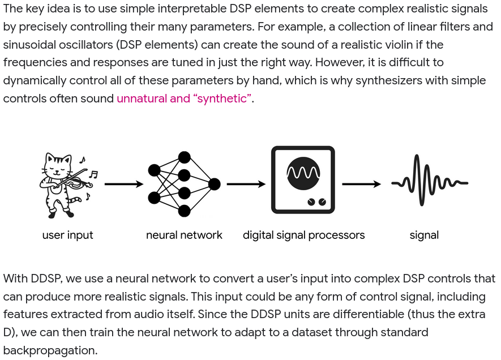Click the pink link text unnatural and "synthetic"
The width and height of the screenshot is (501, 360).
coord(185,98)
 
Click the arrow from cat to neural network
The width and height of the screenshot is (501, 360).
coord(124,184)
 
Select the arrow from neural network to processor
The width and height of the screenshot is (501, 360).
coord(246,184)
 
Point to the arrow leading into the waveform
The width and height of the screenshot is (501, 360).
coord(362,184)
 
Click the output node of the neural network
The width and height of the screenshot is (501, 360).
coord(215,184)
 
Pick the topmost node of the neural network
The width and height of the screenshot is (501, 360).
coord(184,157)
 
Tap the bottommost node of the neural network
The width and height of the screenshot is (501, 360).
coord(184,211)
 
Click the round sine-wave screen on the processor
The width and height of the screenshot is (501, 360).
coord(303,172)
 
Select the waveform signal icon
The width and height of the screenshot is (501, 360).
coord(430,181)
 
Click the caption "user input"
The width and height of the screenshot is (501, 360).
coord(67,235)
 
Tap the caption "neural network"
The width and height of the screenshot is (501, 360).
coord(184,235)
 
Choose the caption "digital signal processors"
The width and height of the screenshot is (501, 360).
coord(303,235)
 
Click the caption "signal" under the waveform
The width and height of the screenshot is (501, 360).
coord(424,235)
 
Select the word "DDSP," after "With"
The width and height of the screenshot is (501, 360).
coord(46,278)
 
